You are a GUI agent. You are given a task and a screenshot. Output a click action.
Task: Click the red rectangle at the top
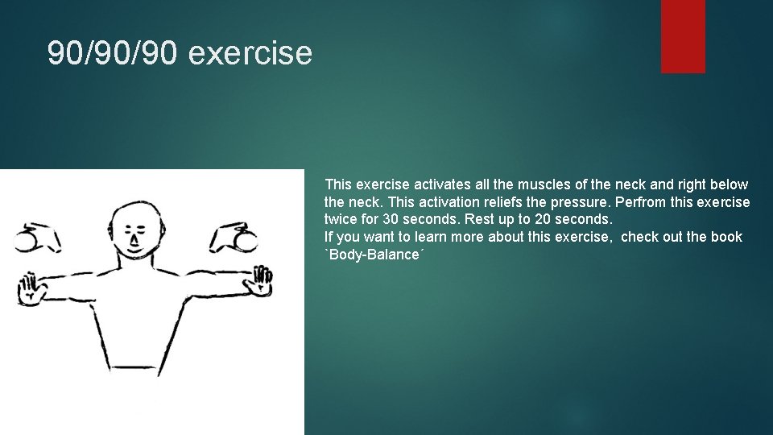(683, 36)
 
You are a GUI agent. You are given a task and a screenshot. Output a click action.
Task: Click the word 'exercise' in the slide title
(250, 53)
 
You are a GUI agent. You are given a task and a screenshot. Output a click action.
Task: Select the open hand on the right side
(261, 280)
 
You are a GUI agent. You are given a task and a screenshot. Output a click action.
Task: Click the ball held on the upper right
(246, 240)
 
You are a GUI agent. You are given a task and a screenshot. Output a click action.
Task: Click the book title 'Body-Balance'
(373, 255)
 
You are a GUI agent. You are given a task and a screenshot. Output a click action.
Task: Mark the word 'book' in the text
(726, 237)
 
